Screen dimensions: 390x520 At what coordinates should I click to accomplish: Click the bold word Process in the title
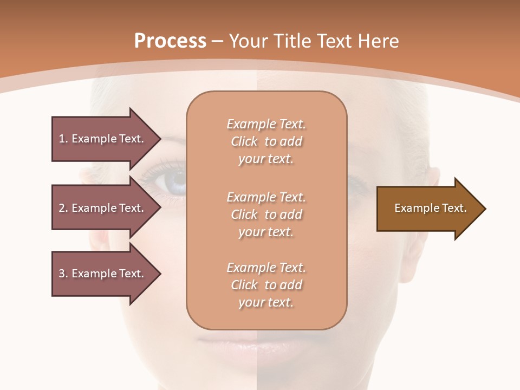tap(170, 41)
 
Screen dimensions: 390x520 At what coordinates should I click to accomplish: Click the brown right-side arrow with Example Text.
tap(428, 209)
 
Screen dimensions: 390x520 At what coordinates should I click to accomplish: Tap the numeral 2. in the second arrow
tap(63, 208)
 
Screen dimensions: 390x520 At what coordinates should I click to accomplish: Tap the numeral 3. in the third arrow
tap(63, 274)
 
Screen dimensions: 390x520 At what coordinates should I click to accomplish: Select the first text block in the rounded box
tap(266, 141)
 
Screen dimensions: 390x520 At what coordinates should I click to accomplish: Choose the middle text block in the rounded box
tap(266, 214)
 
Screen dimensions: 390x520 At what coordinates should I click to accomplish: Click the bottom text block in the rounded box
tap(266, 285)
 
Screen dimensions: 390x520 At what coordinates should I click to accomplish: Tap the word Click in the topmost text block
tap(244, 141)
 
